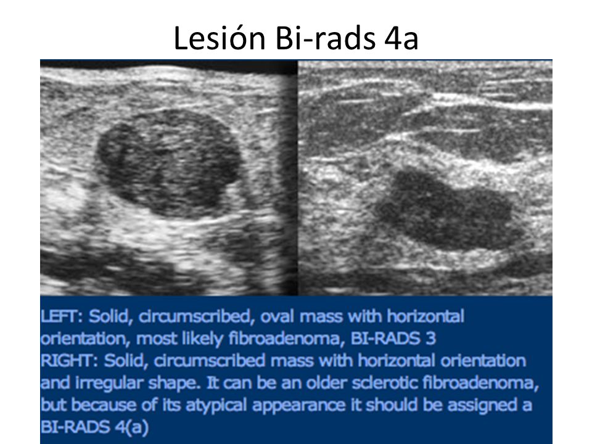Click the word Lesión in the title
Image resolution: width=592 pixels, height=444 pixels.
[x=220, y=38]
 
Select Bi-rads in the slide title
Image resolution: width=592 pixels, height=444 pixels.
[x=325, y=38]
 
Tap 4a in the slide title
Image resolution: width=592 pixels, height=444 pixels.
[x=401, y=38]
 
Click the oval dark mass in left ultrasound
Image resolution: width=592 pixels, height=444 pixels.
[x=169, y=162]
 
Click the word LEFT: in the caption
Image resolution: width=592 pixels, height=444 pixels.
[x=62, y=316]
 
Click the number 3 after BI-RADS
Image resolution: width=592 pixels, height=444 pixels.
[x=430, y=339]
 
